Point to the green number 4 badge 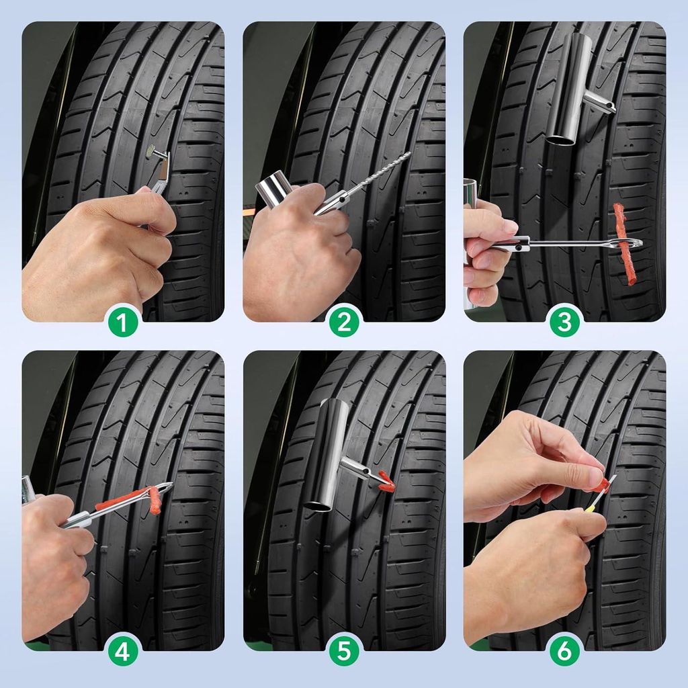[123, 650]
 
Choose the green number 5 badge [344, 650]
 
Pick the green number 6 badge [564, 650]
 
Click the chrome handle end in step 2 [271, 189]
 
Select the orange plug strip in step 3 [623, 243]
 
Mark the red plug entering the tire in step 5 [386, 481]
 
